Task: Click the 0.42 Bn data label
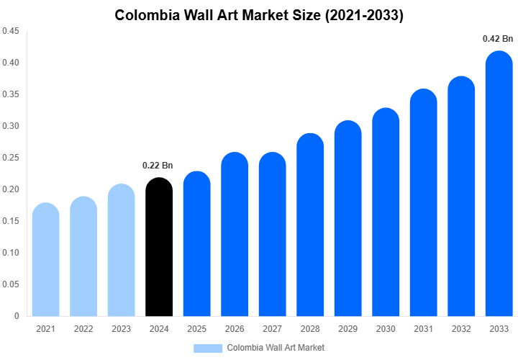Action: [x=498, y=39]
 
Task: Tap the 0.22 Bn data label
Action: [x=158, y=166]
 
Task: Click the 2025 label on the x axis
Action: [x=196, y=329]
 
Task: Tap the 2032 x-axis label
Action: [x=460, y=329]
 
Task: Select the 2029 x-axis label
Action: [x=347, y=329]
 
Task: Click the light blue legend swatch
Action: [x=208, y=348]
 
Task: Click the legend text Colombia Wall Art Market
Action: [x=276, y=348]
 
